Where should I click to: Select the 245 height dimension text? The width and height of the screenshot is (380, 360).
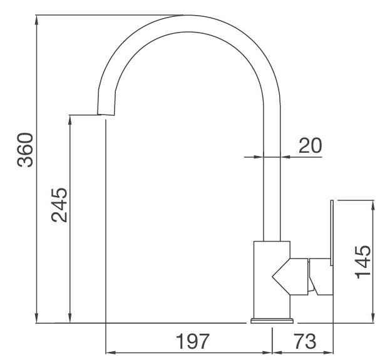click(x=59, y=205)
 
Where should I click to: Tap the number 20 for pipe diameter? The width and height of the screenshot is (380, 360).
click(x=309, y=145)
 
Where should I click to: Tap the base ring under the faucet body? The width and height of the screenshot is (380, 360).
click(x=272, y=321)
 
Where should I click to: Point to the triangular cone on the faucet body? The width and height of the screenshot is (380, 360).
click(x=282, y=275)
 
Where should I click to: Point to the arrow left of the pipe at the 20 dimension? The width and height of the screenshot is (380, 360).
click(x=257, y=157)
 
